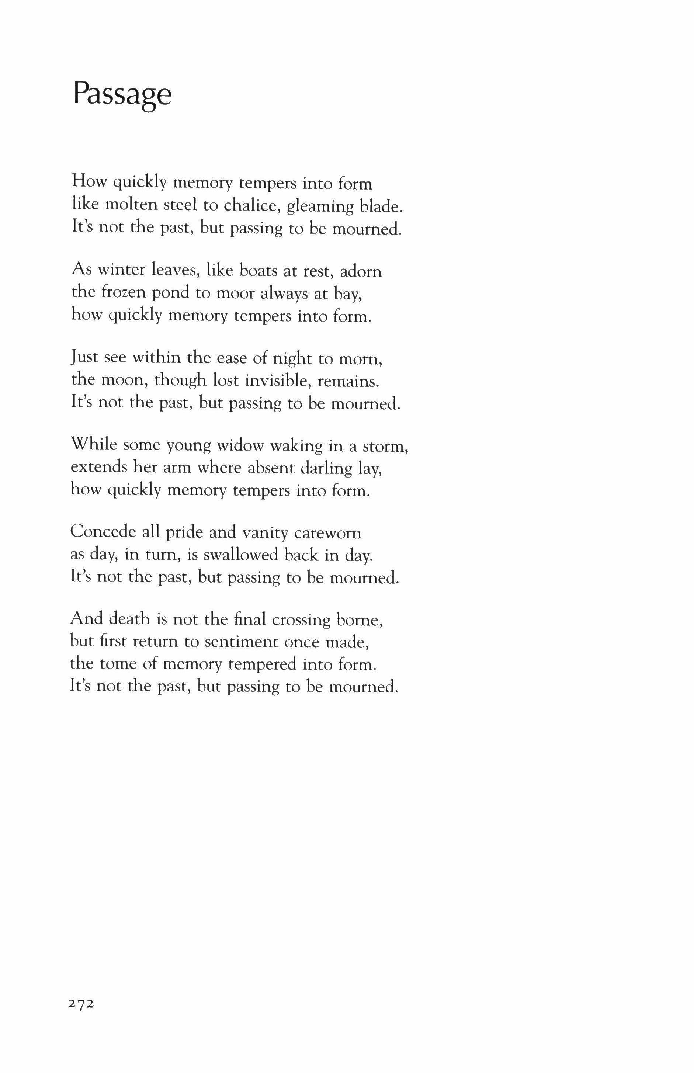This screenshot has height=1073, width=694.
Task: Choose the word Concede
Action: (103, 532)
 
